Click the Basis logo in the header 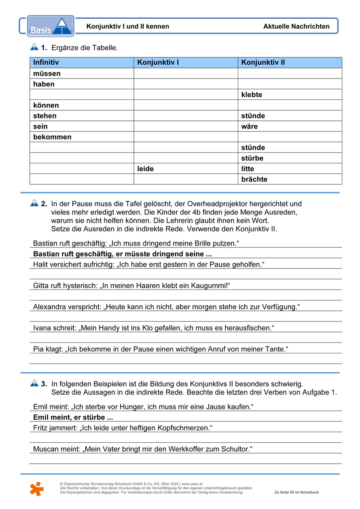pyautogui.click(x=51, y=26)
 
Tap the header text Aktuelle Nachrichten pyautogui.click(x=296, y=27)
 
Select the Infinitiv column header pyautogui.click(x=46, y=62)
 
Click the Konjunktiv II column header pyautogui.click(x=263, y=62)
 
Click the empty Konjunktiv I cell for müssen pyautogui.click(x=186, y=73)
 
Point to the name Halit pyautogui.click(x=41, y=264)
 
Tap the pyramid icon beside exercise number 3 pyautogui.click(x=34, y=382)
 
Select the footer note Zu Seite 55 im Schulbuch pyautogui.click(x=296, y=492)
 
